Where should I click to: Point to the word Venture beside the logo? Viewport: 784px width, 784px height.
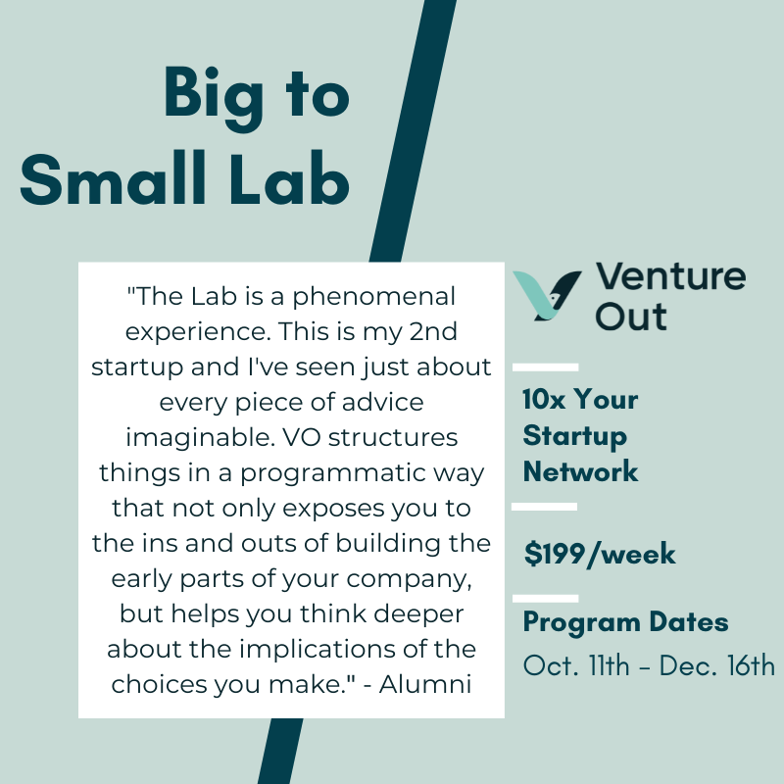(x=670, y=277)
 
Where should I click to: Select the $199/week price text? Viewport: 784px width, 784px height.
(x=600, y=555)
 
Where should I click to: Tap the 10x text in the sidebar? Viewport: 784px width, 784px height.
(x=545, y=401)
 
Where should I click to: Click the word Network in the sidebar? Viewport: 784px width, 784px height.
(x=580, y=471)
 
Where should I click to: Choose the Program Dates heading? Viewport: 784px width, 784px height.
(x=625, y=622)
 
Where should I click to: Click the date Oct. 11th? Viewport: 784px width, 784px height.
(x=578, y=665)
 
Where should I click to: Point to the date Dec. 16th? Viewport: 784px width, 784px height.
(x=717, y=665)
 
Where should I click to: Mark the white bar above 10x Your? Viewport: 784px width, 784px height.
(x=545, y=367)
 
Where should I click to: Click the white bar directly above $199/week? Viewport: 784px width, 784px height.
(x=545, y=507)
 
